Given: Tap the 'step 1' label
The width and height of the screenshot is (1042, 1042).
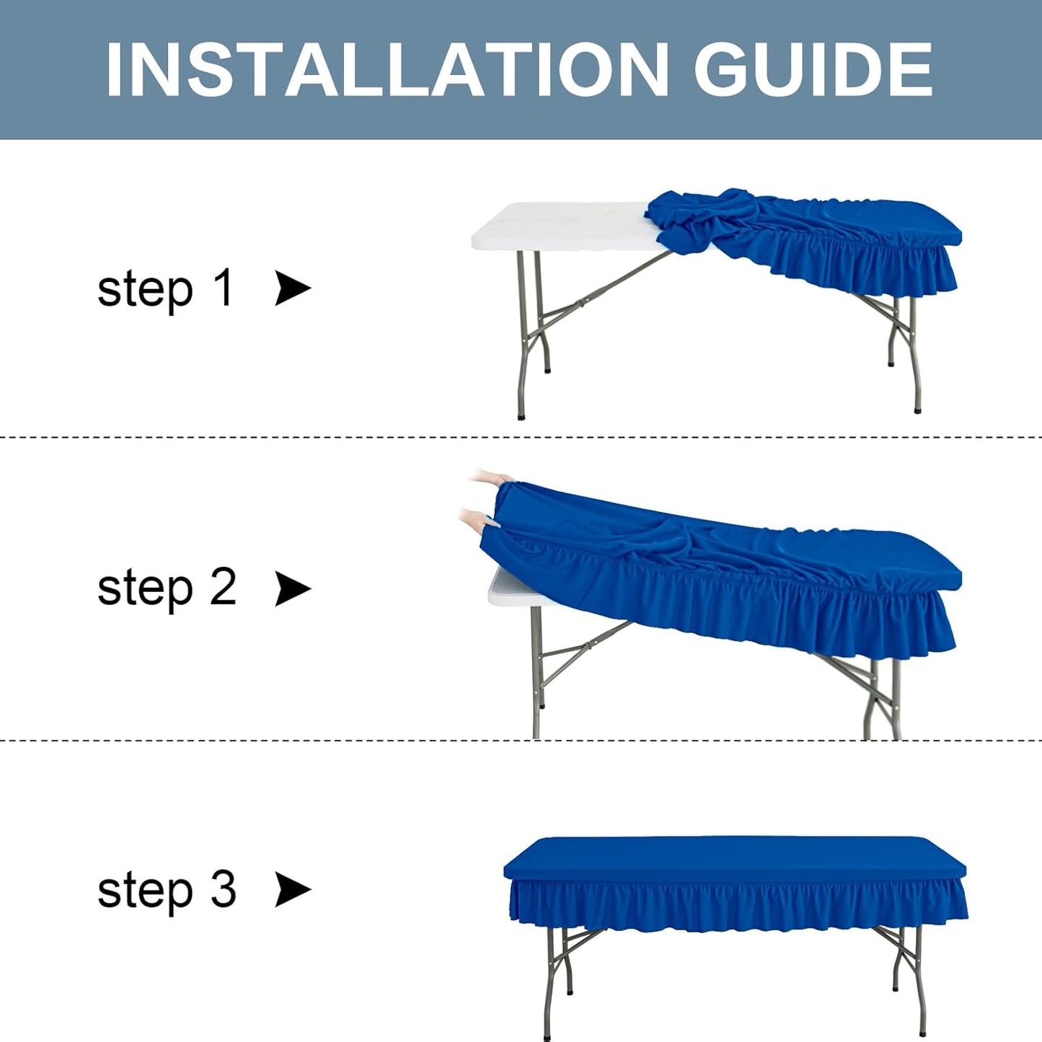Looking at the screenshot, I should [x=165, y=288].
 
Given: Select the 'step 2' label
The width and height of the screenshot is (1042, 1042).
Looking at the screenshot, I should [x=167, y=588].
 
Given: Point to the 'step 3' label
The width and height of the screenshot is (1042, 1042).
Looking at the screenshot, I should [x=167, y=890].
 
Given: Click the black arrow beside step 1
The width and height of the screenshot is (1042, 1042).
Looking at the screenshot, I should [x=292, y=288].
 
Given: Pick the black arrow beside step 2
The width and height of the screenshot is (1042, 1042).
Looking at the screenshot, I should [x=292, y=588].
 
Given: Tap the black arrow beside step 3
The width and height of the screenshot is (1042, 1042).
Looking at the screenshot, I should [x=292, y=889].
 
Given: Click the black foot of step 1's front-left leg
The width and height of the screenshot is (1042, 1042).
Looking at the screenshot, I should [x=521, y=415].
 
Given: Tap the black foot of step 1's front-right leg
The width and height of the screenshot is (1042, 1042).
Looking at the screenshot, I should [x=917, y=410].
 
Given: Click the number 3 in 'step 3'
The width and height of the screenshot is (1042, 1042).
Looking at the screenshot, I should [x=223, y=889].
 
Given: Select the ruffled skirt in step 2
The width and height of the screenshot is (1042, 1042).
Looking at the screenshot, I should [x=793, y=620].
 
